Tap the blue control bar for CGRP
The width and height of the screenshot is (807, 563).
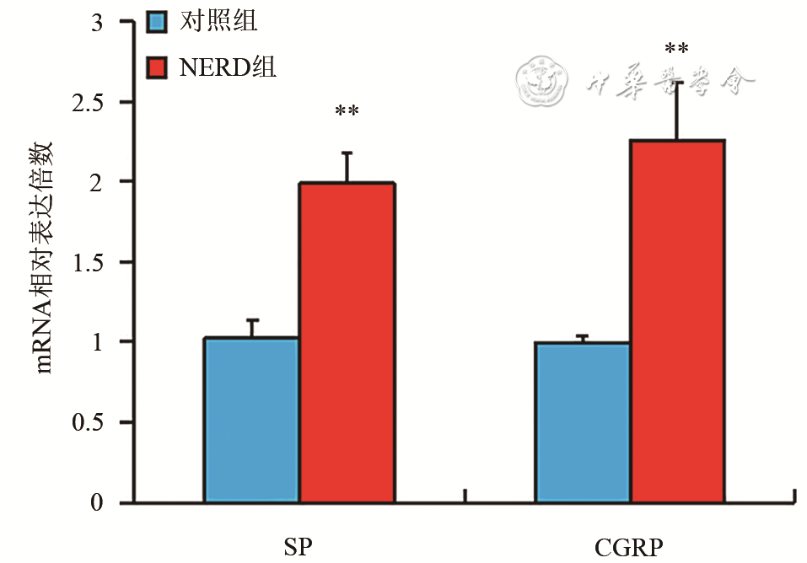583,422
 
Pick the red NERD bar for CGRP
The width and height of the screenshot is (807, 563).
678,321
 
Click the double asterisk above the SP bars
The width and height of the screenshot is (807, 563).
347,112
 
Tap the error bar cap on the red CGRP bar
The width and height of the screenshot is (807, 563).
678,83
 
